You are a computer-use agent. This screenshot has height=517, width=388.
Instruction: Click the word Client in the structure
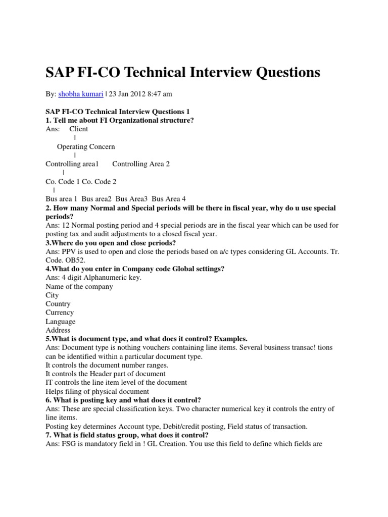(79, 129)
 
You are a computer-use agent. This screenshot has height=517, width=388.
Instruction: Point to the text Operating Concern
(86, 146)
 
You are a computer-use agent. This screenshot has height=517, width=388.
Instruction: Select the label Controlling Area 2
(141, 164)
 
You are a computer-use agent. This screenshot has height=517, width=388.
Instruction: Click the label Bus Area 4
(169, 199)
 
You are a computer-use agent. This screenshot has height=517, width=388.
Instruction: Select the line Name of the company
(79, 286)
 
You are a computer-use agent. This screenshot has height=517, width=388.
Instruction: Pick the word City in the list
(52, 295)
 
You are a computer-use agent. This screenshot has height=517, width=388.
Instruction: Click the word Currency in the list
(60, 313)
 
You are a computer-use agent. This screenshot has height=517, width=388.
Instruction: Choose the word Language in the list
(61, 322)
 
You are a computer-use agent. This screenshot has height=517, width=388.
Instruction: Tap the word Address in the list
(58, 330)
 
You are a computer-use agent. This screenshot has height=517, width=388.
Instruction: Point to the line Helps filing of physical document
(98, 391)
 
